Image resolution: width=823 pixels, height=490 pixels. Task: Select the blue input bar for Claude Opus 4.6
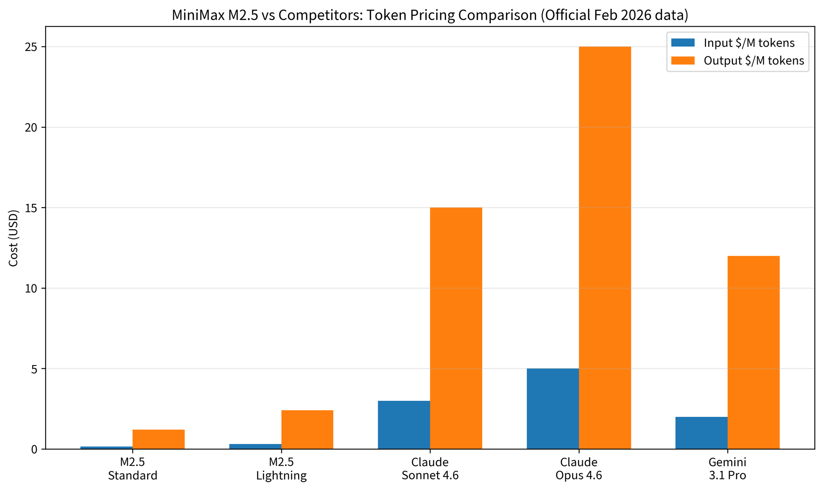pyautogui.click(x=553, y=409)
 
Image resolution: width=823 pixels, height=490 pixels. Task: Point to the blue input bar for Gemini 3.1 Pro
pyautogui.click(x=701, y=433)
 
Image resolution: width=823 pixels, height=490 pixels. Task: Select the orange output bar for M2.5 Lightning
pyautogui.click(x=307, y=430)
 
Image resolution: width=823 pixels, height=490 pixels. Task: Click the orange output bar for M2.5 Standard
pyautogui.click(x=158, y=439)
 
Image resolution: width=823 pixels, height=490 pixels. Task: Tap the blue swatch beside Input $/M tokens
pyautogui.click(x=683, y=43)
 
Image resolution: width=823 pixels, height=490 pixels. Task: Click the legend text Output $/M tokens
pyautogui.click(x=753, y=61)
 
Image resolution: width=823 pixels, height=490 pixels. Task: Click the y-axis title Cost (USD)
pyautogui.click(x=14, y=238)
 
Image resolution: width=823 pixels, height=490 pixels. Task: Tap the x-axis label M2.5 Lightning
pyautogui.click(x=281, y=469)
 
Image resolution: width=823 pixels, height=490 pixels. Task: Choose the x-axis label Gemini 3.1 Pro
pyautogui.click(x=727, y=469)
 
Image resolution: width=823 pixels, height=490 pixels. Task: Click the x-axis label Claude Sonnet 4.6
pyautogui.click(x=430, y=469)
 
